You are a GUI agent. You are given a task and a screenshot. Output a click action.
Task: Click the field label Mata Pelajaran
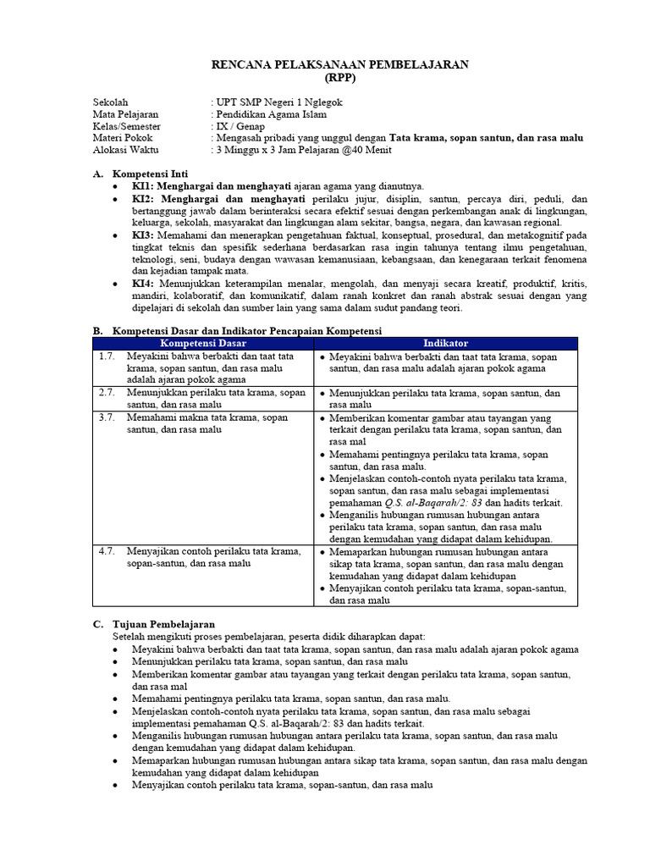pos(125,114)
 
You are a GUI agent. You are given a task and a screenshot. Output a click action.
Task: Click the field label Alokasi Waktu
pos(125,150)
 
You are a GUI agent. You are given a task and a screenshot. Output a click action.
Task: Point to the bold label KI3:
pos(143,234)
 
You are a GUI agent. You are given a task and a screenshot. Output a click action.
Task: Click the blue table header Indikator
pos(445,343)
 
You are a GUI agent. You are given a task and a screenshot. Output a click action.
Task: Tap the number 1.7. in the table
pos(107,356)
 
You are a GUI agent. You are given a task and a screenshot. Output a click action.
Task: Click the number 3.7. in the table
pos(107,417)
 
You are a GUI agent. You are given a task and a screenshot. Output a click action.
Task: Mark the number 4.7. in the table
pos(107,551)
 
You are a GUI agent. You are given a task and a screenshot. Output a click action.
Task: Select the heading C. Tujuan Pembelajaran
pos(154,624)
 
